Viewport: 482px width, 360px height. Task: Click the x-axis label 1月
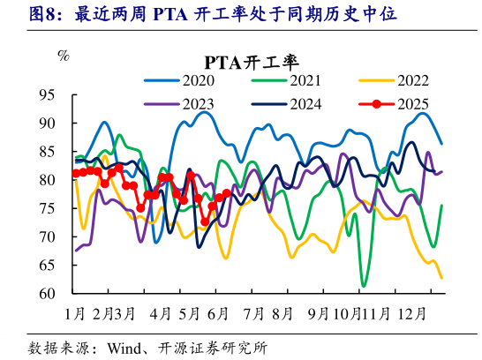(x=75, y=312)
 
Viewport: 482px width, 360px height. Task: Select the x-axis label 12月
(x=412, y=312)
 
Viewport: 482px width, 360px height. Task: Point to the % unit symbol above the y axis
(x=63, y=56)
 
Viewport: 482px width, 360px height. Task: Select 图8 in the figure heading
(x=23, y=14)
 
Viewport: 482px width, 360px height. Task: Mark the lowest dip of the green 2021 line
(x=363, y=286)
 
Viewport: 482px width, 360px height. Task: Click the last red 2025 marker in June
(x=227, y=193)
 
